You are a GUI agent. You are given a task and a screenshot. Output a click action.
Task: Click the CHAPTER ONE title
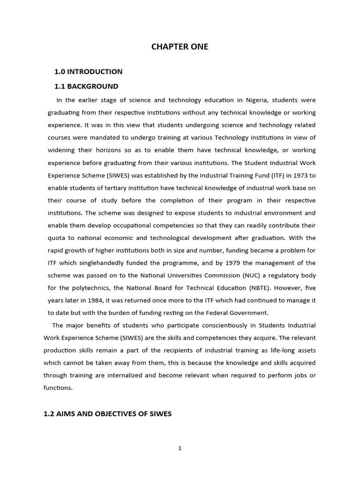pos(180,47)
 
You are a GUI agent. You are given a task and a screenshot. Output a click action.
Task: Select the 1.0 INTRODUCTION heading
pos(89,72)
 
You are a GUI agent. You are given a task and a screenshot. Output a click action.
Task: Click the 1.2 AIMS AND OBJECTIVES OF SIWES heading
pos(108,414)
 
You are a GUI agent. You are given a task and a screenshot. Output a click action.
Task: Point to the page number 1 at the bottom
pos(180,448)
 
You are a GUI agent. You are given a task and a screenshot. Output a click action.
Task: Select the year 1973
pos(296,175)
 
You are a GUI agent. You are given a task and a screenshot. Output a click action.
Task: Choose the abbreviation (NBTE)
pos(254,287)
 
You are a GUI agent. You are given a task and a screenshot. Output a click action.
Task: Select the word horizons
pos(113,150)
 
